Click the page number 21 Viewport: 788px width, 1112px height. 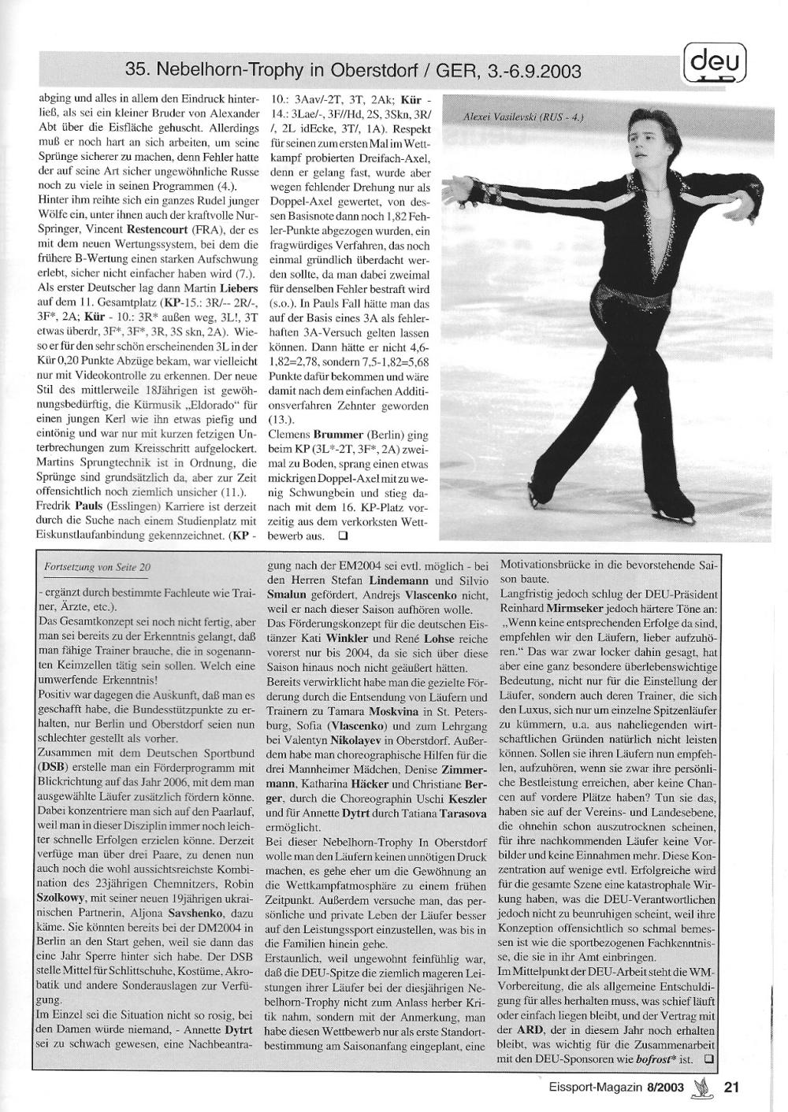(x=730, y=1088)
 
